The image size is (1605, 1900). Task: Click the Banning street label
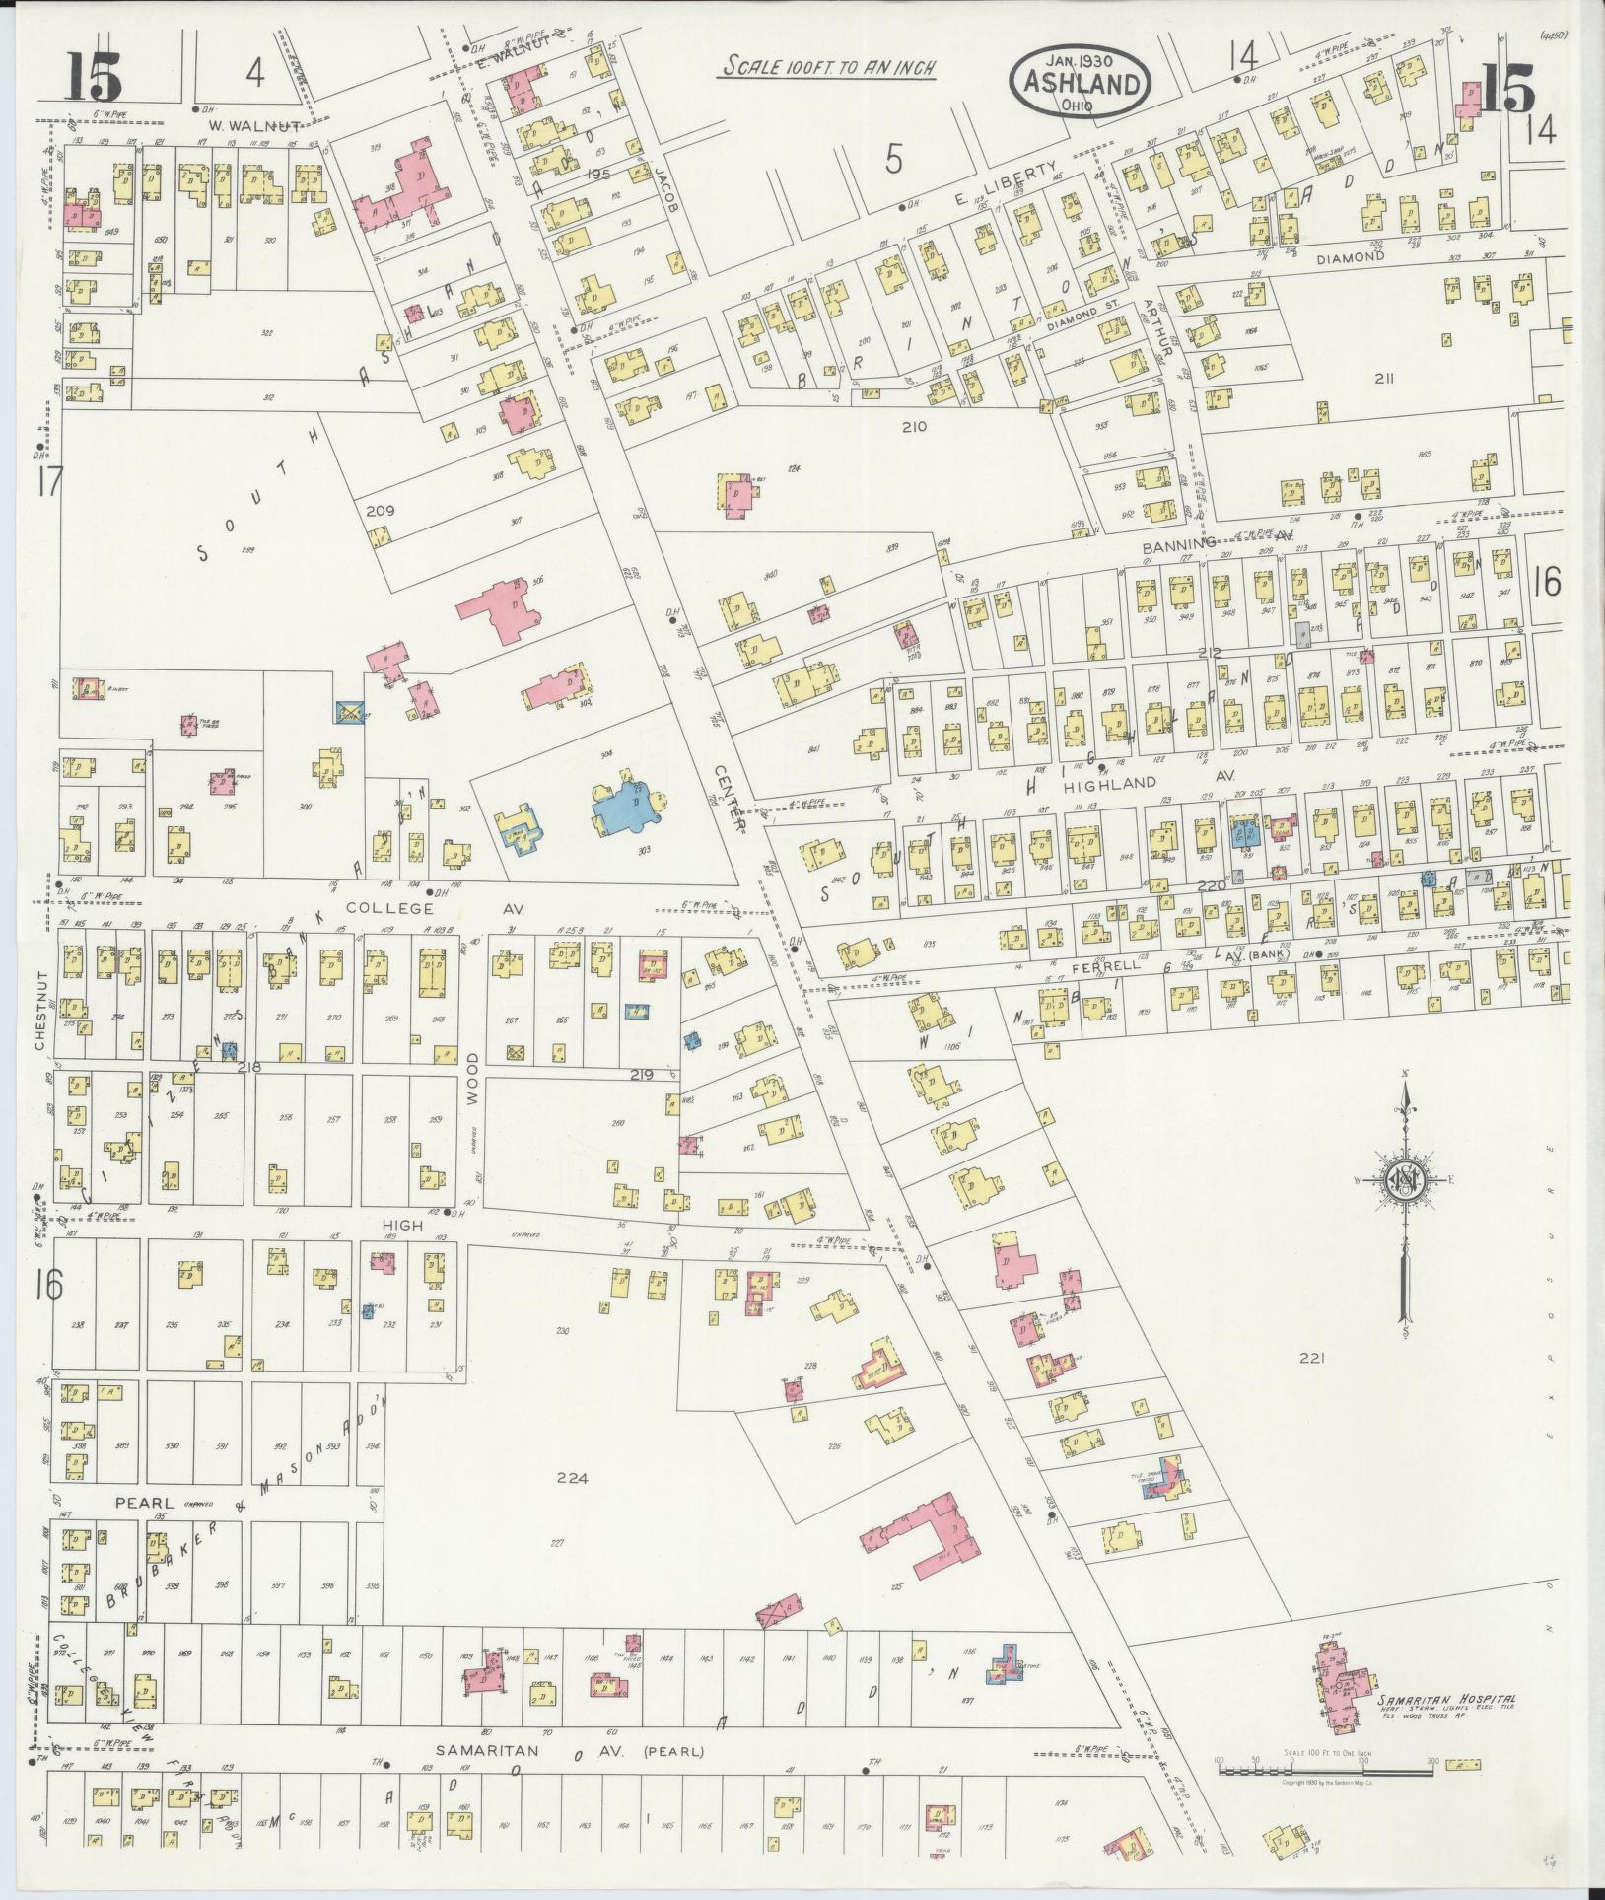(x=1179, y=545)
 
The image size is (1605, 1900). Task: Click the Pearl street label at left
(x=144, y=1503)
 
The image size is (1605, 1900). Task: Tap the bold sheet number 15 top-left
(x=95, y=78)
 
